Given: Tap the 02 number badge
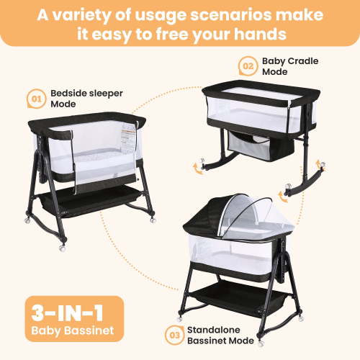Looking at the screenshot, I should click(x=248, y=67).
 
